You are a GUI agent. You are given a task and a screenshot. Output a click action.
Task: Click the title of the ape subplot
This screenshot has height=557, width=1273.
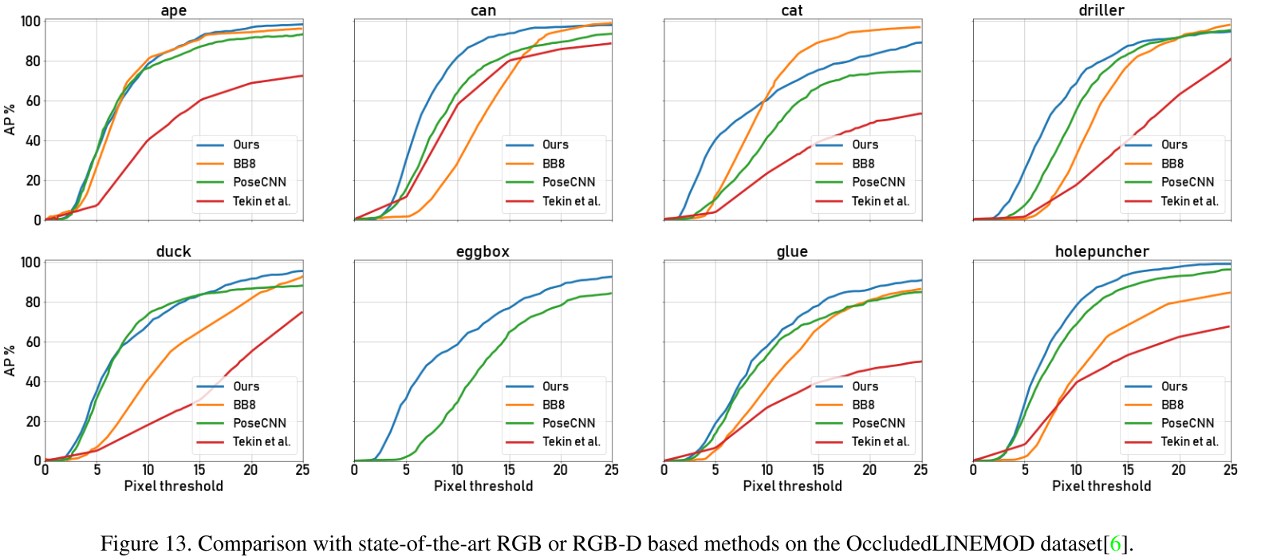click(x=173, y=10)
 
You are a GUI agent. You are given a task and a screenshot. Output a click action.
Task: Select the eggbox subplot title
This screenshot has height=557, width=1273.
click(x=483, y=251)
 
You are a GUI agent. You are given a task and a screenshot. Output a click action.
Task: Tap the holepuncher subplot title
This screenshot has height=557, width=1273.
click(x=1102, y=251)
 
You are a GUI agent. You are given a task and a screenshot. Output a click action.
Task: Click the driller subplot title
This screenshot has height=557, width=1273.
click(x=1102, y=10)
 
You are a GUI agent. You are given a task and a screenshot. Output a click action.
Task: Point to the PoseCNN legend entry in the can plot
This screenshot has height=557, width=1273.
click(x=569, y=182)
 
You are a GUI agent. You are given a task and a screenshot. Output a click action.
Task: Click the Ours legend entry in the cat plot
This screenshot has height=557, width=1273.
click(x=865, y=144)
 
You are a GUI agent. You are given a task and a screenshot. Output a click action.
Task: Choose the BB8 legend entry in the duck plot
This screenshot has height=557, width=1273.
click(x=244, y=405)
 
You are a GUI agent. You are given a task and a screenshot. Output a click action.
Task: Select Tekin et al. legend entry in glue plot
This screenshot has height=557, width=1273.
click(x=880, y=441)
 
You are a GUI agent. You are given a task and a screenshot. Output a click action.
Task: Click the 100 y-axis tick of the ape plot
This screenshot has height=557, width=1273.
click(x=30, y=22)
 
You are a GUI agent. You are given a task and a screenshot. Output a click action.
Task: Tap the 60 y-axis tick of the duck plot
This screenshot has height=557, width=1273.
click(x=32, y=342)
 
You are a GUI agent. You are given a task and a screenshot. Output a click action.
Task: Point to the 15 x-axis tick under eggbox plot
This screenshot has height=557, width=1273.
click(x=509, y=470)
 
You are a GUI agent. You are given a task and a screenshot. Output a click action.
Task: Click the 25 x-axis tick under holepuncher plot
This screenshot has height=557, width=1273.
click(x=1230, y=470)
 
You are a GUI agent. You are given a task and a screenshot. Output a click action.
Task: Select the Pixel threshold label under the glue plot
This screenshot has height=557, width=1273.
click(x=792, y=486)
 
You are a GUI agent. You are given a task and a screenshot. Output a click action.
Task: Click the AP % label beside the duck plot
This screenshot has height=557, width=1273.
click(x=10, y=361)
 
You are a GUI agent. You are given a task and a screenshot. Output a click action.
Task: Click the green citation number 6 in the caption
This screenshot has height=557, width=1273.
click(x=1115, y=544)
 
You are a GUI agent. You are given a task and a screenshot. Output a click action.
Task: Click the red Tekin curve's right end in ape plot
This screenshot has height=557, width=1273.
click(x=301, y=76)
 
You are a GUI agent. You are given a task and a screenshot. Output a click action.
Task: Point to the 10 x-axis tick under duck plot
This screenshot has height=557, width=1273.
click(x=148, y=470)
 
